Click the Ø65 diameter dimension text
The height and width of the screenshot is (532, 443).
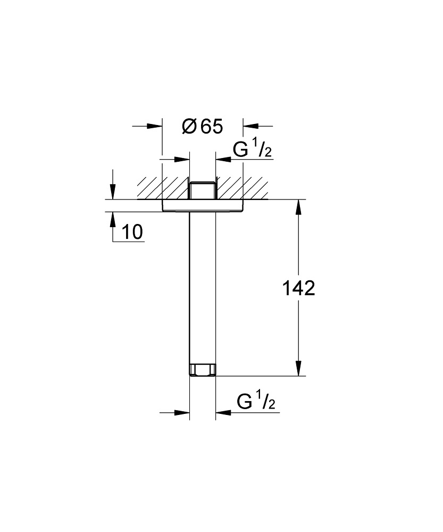pos(202,127)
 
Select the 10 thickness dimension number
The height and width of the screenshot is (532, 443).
pos(132,232)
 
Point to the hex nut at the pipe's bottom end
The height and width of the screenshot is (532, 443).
pos(203,370)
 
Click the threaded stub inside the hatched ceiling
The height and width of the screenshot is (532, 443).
pos(203,191)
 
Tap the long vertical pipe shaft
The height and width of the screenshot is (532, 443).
pos(203,287)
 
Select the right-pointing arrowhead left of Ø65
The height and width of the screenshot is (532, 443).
pos(155,126)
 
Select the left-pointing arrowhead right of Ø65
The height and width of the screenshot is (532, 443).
pos(250,126)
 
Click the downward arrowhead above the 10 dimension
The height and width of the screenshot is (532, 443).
pos(113,193)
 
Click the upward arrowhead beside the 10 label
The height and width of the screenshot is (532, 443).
pos(113,219)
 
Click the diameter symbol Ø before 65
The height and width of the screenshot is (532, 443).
pos(188,127)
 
